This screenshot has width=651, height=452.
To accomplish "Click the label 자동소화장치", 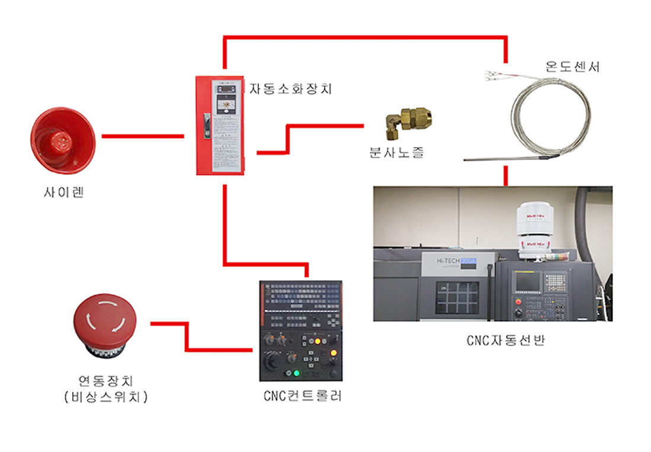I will [x=291, y=89].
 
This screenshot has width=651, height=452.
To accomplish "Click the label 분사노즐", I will [x=396, y=153].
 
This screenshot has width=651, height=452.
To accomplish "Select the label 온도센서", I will [x=572, y=66].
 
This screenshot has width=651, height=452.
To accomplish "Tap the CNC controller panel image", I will [x=301, y=330].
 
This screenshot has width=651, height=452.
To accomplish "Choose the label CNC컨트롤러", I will [x=302, y=396].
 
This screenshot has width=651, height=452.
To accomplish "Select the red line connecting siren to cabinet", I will [x=142, y=136].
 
